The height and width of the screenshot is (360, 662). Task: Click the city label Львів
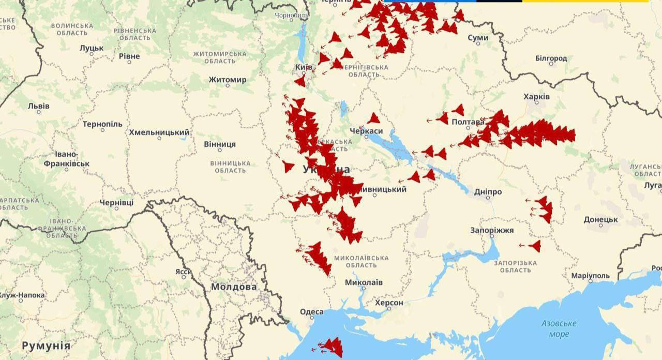click(39, 106)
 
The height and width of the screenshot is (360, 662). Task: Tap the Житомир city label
click(228, 80)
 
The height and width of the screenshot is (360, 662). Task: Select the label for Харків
click(536, 97)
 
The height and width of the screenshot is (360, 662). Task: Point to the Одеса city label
click(311, 311)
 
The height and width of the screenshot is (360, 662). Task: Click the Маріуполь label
click(590, 276)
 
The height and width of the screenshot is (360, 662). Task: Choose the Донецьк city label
click(600, 219)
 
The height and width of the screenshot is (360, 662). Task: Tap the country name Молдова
click(234, 287)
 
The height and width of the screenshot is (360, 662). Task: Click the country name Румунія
click(46, 345)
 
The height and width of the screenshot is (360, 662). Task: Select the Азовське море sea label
click(559, 328)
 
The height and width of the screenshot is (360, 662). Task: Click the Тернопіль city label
click(102, 124)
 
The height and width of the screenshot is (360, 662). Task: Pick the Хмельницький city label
click(159, 132)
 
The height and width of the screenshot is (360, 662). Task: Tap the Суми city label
click(477, 38)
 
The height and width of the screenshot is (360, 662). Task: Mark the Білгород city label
click(551, 58)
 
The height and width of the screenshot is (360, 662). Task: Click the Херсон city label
click(388, 303)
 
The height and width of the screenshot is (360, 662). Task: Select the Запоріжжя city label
click(492, 230)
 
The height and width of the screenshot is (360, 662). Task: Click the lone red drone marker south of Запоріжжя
click(535, 246)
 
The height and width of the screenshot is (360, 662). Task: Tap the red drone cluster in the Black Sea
click(331, 346)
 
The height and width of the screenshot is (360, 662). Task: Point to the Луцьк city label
click(92, 48)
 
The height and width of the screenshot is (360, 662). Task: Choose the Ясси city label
click(183, 272)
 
